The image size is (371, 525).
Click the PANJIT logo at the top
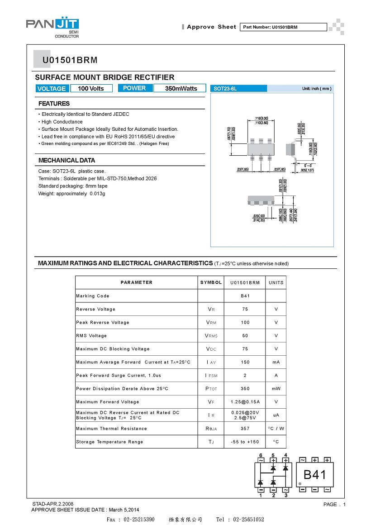pyautogui.click(x=52, y=25)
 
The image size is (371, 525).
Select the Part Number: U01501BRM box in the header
pyautogui.click(x=282, y=27)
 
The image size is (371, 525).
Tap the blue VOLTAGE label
pyautogui.click(x=52, y=89)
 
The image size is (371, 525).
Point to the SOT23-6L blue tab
pyautogui.click(x=239, y=89)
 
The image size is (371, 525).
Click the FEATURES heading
pyautogui.click(x=54, y=104)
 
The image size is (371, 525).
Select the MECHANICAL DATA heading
pyautogui.click(x=67, y=160)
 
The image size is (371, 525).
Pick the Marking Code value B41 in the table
pyautogui.click(x=245, y=296)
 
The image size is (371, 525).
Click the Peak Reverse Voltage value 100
pyautogui.click(x=245, y=322)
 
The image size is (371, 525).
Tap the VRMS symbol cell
pyautogui.click(x=211, y=336)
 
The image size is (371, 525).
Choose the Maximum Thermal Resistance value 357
pyautogui.click(x=245, y=429)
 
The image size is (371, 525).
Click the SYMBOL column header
pyautogui.click(x=211, y=282)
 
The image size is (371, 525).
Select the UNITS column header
pyautogui.click(x=276, y=282)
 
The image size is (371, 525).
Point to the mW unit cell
pyautogui.click(x=276, y=389)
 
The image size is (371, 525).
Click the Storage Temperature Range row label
pyautogui.click(x=109, y=442)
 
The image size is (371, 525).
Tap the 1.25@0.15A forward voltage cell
pyautogui.click(x=245, y=402)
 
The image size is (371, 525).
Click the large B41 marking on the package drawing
pyautogui.click(x=314, y=475)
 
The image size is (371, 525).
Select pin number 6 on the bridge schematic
pyautogui.click(x=261, y=455)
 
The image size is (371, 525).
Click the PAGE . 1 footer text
pyautogui.click(x=334, y=504)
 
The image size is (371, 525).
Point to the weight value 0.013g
pyautogui.click(x=97, y=194)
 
